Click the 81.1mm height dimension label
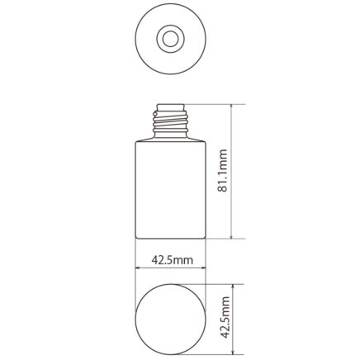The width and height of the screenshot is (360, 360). pos(223,171)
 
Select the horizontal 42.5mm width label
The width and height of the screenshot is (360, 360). pos(173,260)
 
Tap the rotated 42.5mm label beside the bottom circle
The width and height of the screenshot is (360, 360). pos(225,317)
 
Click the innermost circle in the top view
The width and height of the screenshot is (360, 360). pos(170,39)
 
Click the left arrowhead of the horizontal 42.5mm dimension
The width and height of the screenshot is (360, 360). pos(138,268)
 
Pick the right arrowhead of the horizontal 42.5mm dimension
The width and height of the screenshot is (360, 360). pos(203,268)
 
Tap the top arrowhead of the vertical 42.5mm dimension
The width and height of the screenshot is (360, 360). pos(233,287)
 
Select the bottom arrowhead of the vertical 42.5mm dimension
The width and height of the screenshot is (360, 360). pos(233,352)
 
